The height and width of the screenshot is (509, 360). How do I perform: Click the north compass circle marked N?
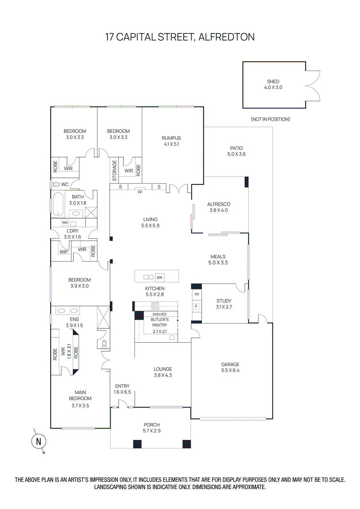tap(38, 442)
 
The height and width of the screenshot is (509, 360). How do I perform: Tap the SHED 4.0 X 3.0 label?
tap(273, 84)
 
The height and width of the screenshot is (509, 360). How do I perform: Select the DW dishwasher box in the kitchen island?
tap(160, 277)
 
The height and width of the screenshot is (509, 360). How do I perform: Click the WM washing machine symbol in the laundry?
tap(65, 223)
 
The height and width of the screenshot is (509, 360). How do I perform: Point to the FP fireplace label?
tap(140, 192)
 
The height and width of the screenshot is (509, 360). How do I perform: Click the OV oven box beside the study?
tap(197, 294)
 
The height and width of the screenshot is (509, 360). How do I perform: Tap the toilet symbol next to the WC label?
tap(56, 184)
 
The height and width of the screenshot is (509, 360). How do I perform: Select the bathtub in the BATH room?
tap(58, 204)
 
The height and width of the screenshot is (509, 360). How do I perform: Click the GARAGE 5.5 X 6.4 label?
tap(230, 367)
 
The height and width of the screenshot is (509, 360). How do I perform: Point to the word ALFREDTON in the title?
tap(226, 37)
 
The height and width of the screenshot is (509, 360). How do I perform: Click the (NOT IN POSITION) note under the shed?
tap(270, 119)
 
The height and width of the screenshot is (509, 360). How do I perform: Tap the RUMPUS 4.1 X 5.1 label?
tap(171, 141)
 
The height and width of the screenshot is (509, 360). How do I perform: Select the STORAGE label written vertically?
tap(114, 170)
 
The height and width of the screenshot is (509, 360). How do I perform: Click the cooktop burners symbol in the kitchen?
tap(155, 306)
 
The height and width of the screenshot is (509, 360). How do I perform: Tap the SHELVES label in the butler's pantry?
tap(159, 314)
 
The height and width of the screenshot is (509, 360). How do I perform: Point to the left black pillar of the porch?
tap(137, 444)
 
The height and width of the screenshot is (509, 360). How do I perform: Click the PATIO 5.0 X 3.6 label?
tap(236, 151)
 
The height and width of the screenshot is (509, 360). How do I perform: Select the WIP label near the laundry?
tap(64, 252)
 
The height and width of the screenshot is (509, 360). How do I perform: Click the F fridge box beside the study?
tap(196, 306)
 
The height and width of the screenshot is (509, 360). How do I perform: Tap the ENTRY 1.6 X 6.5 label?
tap(122, 389)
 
